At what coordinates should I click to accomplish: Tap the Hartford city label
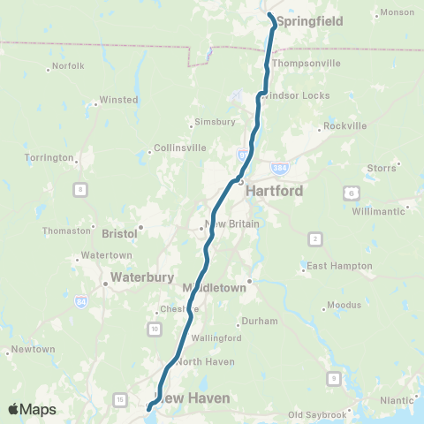pos(274,191)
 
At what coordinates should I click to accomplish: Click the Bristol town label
pos(119,234)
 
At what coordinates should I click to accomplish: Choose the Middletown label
pos(214,289)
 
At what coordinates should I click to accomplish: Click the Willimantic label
pos(376,212)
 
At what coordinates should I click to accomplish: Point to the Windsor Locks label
pos(300,95)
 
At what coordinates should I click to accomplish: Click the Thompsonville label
pos(306,64)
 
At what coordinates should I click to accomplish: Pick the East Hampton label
pos(335,266)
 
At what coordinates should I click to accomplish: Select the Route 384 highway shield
pos(280,166)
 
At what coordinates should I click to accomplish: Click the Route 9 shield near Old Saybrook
pos(333,379)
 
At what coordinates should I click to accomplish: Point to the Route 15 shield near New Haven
pos(119,400)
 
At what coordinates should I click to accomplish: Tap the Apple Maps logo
pos(32,409)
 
